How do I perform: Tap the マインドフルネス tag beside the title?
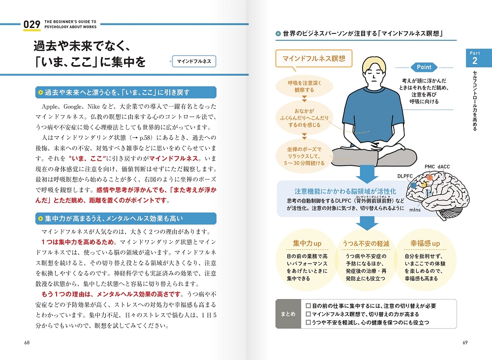pos(194,61)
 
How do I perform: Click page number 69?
pos(465,342)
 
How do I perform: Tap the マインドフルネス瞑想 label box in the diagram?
pos(313,59)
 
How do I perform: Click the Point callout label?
pos(424,67)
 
